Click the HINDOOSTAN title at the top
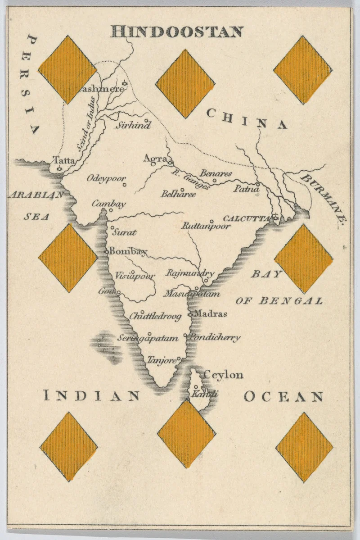pos(177,32)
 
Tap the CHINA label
pos(247,119)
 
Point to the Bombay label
pos(128,251)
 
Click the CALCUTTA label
pos(247,218)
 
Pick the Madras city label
pos(211,313)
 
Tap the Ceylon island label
pos(224,374)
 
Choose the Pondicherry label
pos(215,337)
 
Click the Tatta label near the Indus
pos(64,160)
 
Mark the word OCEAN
pos(283,396)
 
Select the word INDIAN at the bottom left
pos(92,396)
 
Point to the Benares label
pos(216,173)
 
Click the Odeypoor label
pos(106,178)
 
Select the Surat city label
pos(124,233)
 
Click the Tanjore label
pos(162,360)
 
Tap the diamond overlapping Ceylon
pos(186,434)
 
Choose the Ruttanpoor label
pos(206,226)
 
